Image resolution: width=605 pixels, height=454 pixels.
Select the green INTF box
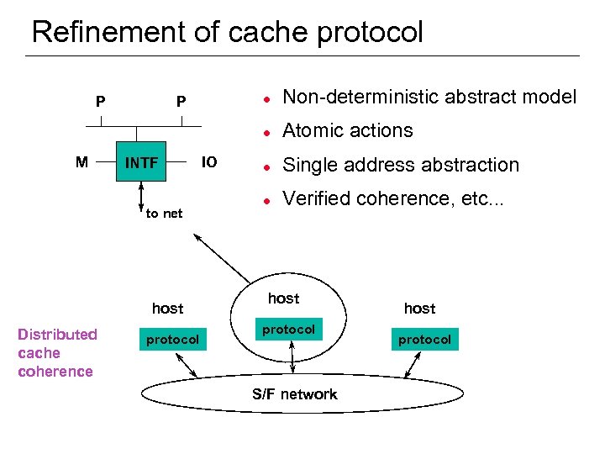(x=141, y=161)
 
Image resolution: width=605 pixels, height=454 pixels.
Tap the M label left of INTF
(x=82, y=161)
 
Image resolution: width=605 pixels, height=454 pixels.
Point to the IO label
(x=209, y=161)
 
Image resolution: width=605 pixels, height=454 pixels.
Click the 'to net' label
(x=164, y=214)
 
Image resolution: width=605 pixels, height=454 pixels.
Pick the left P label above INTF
(x=100, y=102)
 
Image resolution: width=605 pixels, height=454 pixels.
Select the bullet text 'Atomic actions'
(x=348, y=130)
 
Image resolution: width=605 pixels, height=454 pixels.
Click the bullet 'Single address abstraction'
(x=401, y=165)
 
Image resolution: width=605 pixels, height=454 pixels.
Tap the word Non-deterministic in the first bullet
(x=351, y=97)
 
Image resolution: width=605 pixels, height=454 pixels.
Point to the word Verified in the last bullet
(x=313, y=198)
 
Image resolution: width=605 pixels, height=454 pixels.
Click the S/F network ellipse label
(x=294, y=394)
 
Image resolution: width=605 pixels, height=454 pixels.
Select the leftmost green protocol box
(x=172, y=340)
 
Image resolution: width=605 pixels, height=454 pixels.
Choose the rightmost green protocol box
(x=424, y=340)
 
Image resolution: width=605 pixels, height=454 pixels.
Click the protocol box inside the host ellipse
(x=288, y=330)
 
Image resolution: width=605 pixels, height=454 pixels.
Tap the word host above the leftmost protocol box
(x=167, y=309)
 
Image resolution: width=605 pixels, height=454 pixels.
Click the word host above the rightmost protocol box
(x=419, y=309)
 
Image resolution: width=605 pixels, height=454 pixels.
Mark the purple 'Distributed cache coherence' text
(x=56, y=353)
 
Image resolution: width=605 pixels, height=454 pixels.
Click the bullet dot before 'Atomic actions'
(x=264, y=132)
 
